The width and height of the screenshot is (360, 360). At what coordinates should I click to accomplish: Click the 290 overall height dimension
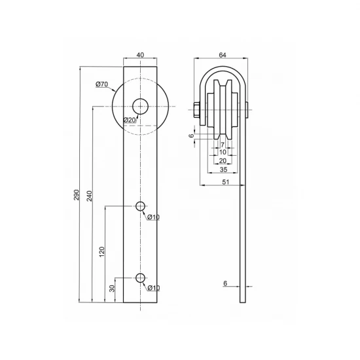pos(77,195)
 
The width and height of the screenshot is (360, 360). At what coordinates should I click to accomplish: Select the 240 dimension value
pos(89,196)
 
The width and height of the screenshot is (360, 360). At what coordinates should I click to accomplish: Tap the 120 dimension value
pos(102,251)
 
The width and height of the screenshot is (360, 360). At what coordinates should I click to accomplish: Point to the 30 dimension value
pos(112,289)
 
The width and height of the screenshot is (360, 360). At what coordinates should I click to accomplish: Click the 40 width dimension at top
pos(140,55)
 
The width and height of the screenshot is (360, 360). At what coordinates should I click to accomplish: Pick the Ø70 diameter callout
pos(101,84)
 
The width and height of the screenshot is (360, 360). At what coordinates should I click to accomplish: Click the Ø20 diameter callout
pos(130,120)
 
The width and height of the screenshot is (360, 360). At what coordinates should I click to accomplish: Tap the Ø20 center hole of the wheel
pos(140,106)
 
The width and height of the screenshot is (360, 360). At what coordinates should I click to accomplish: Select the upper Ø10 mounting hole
pos(140,206)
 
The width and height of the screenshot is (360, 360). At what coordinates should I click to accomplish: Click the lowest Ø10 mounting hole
pos(140,278)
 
